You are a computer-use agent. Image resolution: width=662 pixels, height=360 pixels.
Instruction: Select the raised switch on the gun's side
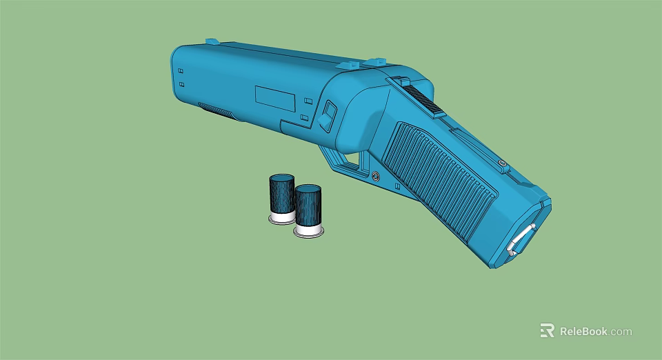click(328, 115)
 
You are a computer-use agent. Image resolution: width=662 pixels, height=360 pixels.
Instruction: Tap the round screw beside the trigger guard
click(375, 177)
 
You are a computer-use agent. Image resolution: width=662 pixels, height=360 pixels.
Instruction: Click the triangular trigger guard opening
click(352, 160)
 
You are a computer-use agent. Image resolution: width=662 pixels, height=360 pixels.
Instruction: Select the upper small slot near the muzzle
click(181, 71)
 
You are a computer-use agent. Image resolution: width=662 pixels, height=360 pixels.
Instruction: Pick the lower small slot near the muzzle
click(181, 84)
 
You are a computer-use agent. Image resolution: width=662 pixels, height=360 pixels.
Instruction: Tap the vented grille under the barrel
click(217, 110)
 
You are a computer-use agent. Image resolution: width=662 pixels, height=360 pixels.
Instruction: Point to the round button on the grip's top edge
click(503, 163)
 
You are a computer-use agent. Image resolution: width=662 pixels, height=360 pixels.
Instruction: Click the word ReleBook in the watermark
click(583, 331)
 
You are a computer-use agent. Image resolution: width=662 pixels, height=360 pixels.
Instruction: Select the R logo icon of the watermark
click(547, 331)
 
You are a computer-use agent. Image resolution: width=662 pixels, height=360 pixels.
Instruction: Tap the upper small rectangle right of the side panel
click(306, 101)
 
